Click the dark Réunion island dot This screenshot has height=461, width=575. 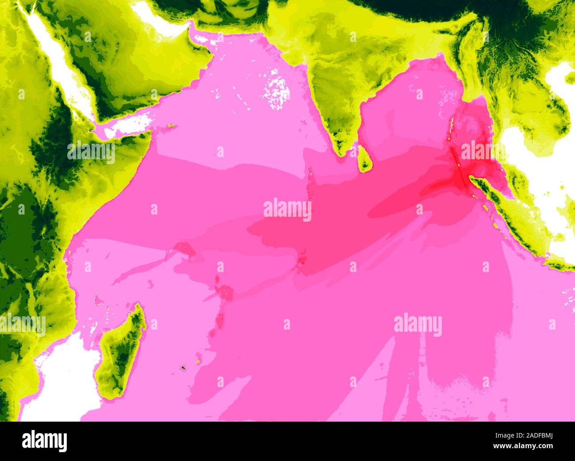[x=182, y=367]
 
